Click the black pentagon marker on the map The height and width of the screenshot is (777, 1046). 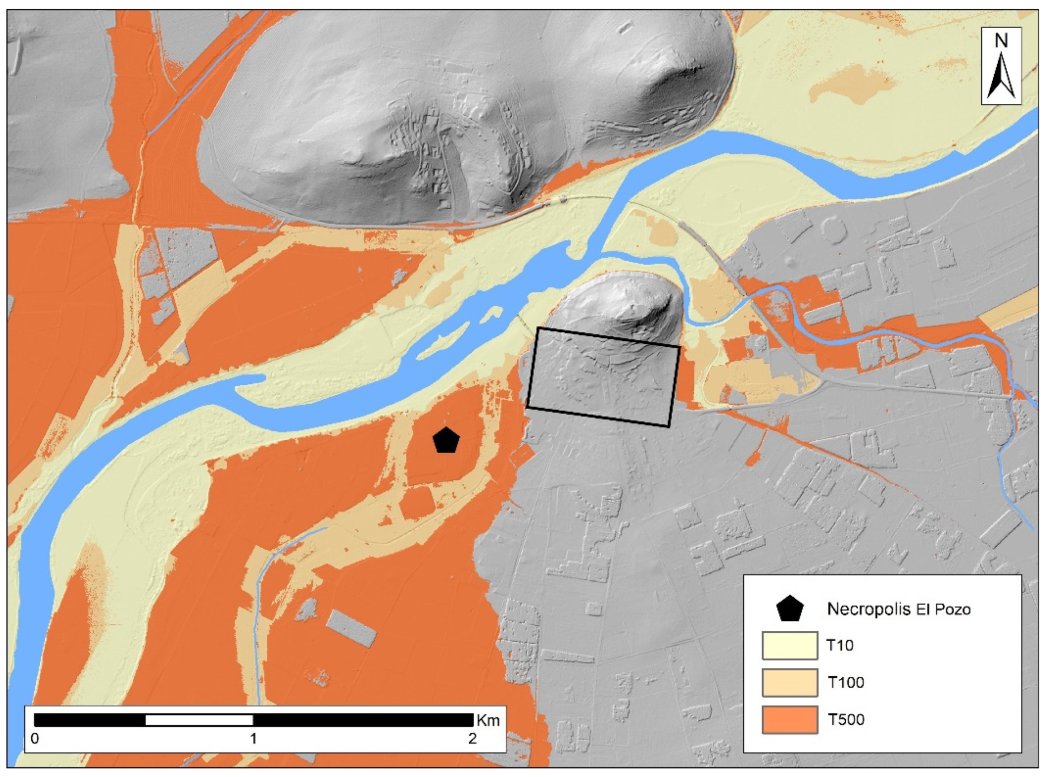446,440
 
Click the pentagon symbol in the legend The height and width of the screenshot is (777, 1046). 790,609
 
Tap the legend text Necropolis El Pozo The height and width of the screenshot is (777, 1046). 898,609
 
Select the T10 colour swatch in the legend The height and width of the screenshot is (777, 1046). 790,645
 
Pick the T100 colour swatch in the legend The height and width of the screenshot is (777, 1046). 790,682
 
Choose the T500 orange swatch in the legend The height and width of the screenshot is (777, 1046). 790,719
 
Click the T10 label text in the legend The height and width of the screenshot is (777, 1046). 840,645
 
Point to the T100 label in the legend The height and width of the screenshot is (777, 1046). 845,682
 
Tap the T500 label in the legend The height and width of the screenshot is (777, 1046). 845,719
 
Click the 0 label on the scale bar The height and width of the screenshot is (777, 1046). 35,738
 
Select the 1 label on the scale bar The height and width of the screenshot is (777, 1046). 253,738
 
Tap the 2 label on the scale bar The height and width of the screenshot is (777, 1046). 473,738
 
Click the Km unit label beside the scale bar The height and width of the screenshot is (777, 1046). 488,720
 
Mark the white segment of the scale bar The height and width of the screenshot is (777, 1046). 199,720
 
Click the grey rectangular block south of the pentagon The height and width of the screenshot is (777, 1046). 351,627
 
